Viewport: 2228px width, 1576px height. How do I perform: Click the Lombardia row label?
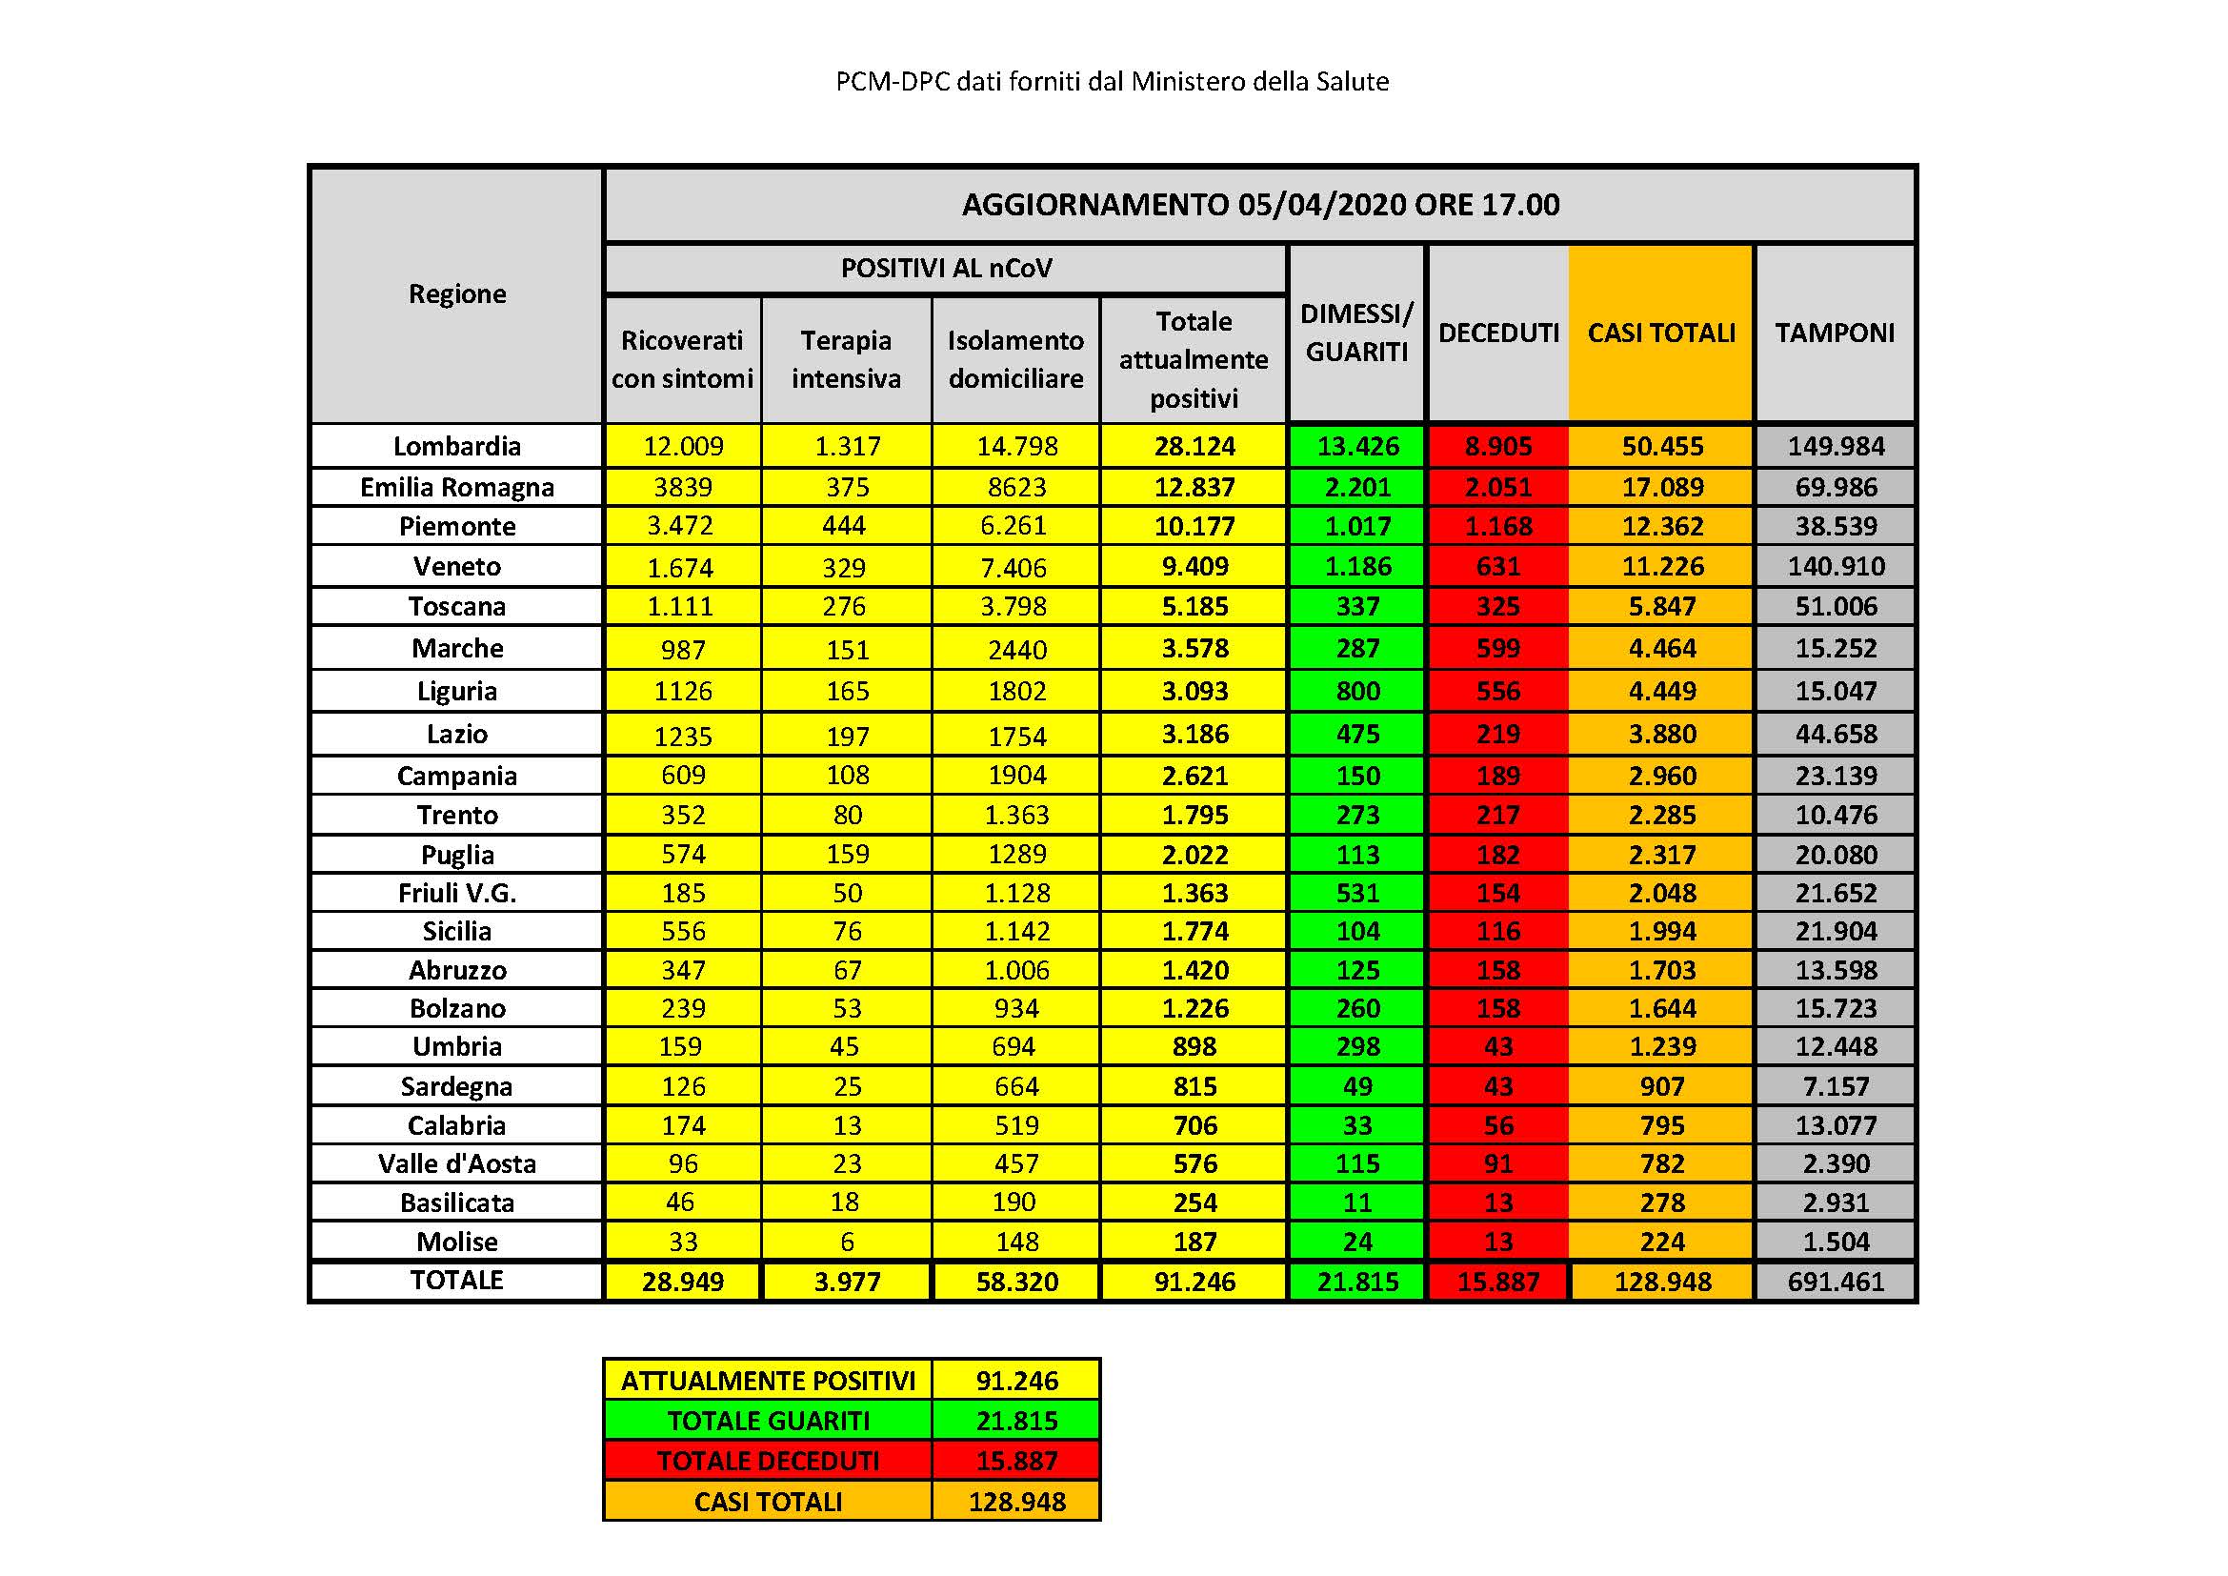pyautogui.click(x=456, y=446)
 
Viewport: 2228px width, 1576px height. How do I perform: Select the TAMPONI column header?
pyautogui.click(x=1833, y=333)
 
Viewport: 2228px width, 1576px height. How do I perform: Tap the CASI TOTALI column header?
pyautogui.click(x=1660, y=333)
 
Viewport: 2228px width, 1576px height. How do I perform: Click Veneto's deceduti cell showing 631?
pyautogui.click(x=1497, y=566)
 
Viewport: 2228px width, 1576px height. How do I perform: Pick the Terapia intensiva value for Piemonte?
pyautogui.click(x=843, y=526)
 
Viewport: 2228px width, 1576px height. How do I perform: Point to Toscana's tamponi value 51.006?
pyautogui.click(x=1835, y=607)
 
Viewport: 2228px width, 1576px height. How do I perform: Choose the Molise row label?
pyautogui.click(x=456, y=1242)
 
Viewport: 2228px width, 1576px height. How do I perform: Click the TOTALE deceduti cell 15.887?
pyautogui.click(x=1497, y=1281)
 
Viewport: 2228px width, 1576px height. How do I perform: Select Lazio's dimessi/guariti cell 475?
pyautogui.click(x=1356, y=734)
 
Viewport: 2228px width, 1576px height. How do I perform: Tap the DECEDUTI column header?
pyautogui.click(x=1497, y=333)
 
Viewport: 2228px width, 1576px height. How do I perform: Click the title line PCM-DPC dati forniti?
pyautogui.click(x=1112, y=82)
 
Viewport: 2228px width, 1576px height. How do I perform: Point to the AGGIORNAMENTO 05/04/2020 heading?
pyautogui.click(x=1259, y=205)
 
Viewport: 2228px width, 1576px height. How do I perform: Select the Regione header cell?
pyautogui.click(x=456, y=294)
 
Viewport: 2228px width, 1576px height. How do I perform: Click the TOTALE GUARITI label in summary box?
pyautogui.click(x=768, y=1421)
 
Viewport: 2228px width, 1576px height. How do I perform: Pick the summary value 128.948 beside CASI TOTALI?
pyautogui.click(x=1016, y=1502)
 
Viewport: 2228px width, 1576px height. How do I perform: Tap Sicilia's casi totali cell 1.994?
pyautogui.click(x=1661, y=931)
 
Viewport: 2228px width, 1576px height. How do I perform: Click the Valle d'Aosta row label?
pyautogui.click(x=456, y=1163)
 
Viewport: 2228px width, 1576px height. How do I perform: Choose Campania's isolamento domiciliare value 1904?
pyautogui.click(x=1016, y=776)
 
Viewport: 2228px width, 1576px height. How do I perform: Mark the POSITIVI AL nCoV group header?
pyautogui.click(x=945, y=268)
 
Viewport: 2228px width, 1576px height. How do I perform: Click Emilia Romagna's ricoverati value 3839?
pyautogui.click(x=682, y=487)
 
